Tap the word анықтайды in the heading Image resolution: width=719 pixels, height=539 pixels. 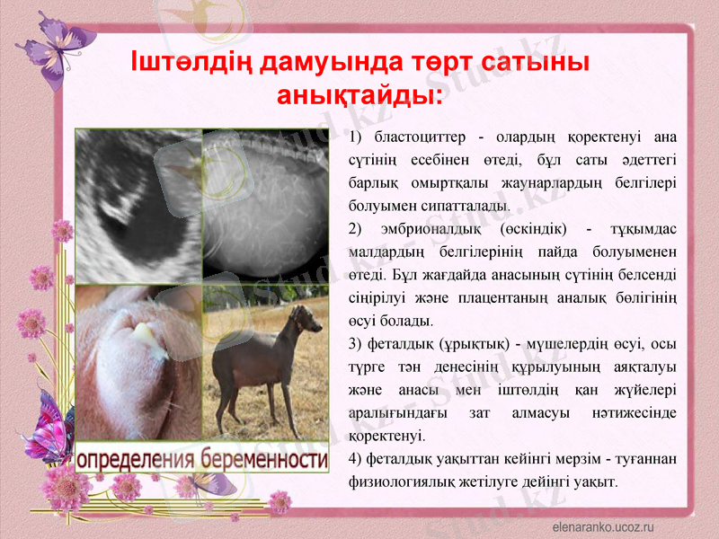[358, 94]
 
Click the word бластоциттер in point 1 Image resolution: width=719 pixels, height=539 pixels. [419, 137]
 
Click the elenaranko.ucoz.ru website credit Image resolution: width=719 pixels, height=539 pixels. [602, 526]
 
